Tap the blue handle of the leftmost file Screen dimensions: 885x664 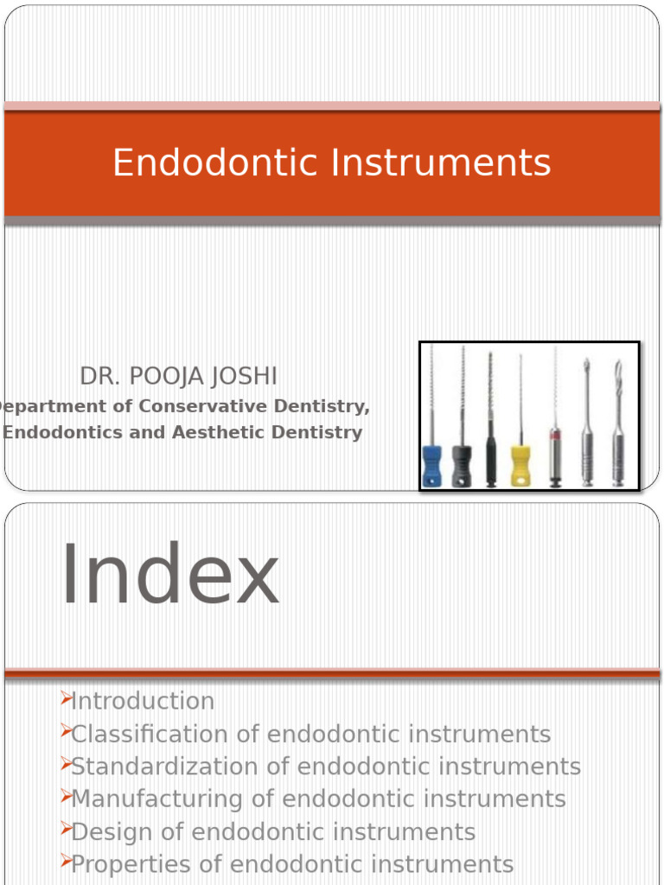[x=432, y=466]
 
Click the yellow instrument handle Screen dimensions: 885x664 [x=520, y=466]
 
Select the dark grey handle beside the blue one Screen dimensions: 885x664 [x=462, y=466]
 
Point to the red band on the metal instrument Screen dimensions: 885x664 [x=554, y=434]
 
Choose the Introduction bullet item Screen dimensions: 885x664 [x=143, y=701]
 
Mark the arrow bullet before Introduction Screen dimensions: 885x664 [x=65, y=699]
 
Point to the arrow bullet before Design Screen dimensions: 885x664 [x=65, y=831]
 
